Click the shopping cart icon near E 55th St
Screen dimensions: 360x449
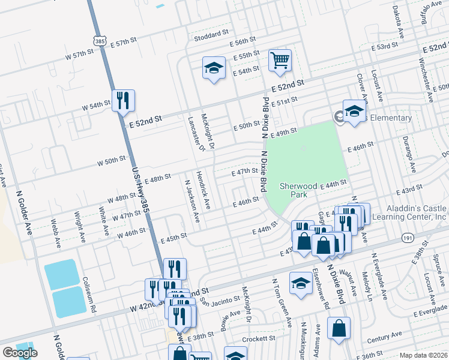280,61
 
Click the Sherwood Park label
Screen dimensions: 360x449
298,190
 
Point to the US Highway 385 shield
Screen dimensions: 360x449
100,40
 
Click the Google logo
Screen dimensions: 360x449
19,353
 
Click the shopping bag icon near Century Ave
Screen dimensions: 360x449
339,329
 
